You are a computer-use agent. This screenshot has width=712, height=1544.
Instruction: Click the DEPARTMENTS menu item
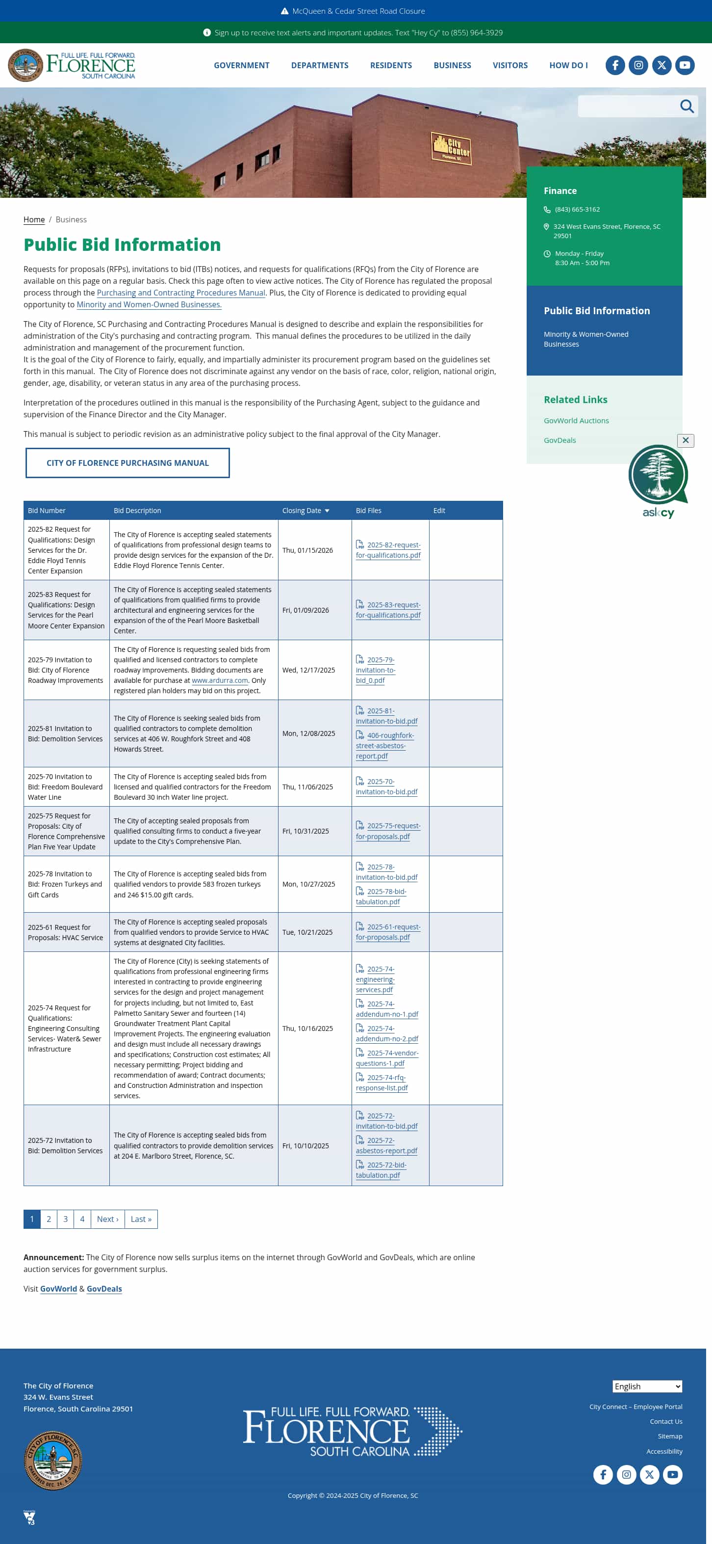[319, 65]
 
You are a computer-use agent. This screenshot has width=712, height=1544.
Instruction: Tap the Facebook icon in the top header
[614, 65]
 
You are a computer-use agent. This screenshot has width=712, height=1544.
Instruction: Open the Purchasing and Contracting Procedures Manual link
[181, 293]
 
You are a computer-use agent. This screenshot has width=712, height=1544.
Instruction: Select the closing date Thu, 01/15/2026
[307, 550]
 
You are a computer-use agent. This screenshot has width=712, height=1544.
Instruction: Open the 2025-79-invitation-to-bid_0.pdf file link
[376, 670]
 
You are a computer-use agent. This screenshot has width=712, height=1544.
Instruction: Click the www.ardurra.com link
[219, 681]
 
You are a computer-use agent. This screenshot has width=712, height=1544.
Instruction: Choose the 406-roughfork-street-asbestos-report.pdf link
[384, 746]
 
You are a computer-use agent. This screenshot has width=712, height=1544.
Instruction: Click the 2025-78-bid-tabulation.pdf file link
[381, 896]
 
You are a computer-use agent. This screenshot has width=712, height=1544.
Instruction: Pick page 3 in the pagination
[65, 1219]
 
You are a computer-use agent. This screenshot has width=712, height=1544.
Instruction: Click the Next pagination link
[108, 1219]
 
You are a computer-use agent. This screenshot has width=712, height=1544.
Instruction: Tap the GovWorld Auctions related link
[576, 421]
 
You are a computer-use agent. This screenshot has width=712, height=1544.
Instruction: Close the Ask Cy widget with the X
[685, 440]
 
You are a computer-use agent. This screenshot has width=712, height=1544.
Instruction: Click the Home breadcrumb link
[34, 220]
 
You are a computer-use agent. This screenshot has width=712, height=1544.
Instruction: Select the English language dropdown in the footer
[647, 1386]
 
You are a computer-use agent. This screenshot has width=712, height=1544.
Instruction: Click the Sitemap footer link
[669, 1436]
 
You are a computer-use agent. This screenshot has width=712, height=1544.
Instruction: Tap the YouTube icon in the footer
[672, 1474]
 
